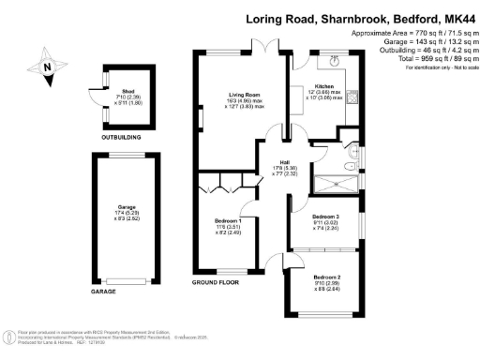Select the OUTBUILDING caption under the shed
pyautogui.click(x=121, y=137)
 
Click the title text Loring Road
pyautogui.click(x=281, y=19)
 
